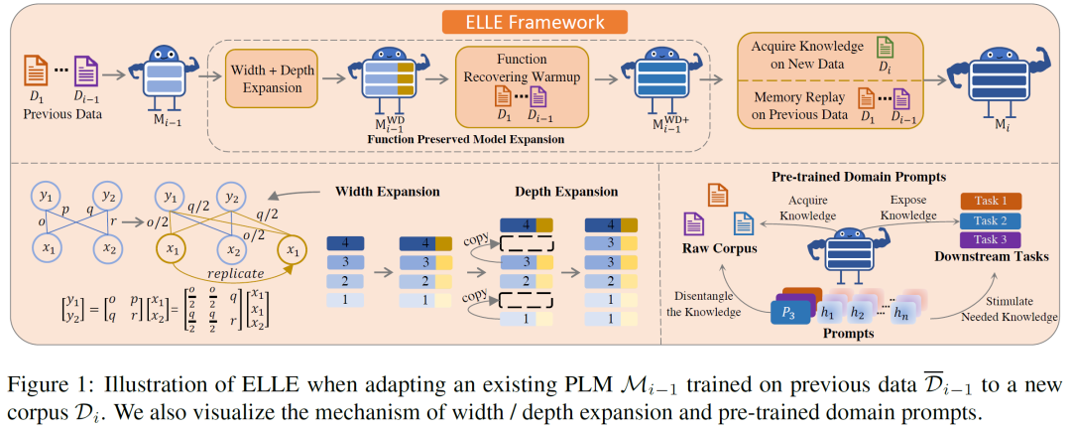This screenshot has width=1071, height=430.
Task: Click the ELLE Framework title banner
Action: coord(536,20)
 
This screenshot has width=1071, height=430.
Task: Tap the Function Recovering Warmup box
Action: coord(522,79)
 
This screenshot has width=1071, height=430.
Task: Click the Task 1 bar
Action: coord(998,201)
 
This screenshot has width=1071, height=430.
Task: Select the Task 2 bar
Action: coord(998,219)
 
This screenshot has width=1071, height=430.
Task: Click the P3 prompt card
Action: coord(789,310)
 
